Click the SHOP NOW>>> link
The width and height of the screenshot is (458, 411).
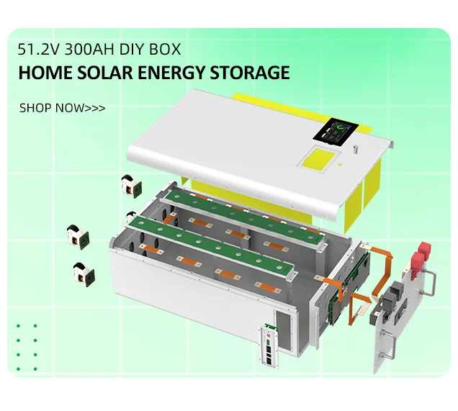pos(62,108)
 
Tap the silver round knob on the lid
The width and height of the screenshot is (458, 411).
pos(356,152)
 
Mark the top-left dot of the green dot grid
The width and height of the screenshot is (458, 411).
pos(18,326)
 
